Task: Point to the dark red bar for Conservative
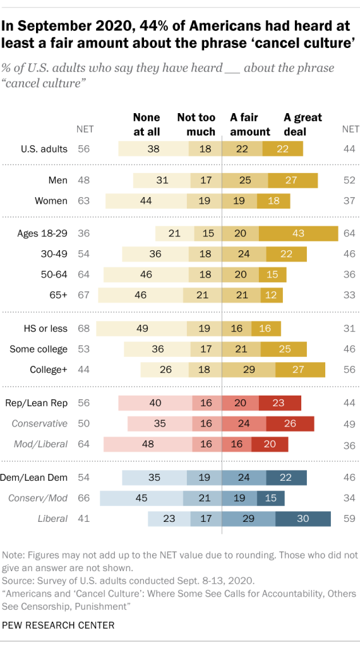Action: [x=291, y=423]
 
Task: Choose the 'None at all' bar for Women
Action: [x=146, y=201]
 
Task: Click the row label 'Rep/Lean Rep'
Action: [x=40, y=403]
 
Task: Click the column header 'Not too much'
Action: [x=196, y=124]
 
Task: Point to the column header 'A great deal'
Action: [x=303, y=124]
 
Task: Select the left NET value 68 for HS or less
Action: [x=84, y=329]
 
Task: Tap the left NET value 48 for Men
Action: [x=84, y=181]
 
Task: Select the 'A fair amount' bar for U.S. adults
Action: [x=242, y=149]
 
